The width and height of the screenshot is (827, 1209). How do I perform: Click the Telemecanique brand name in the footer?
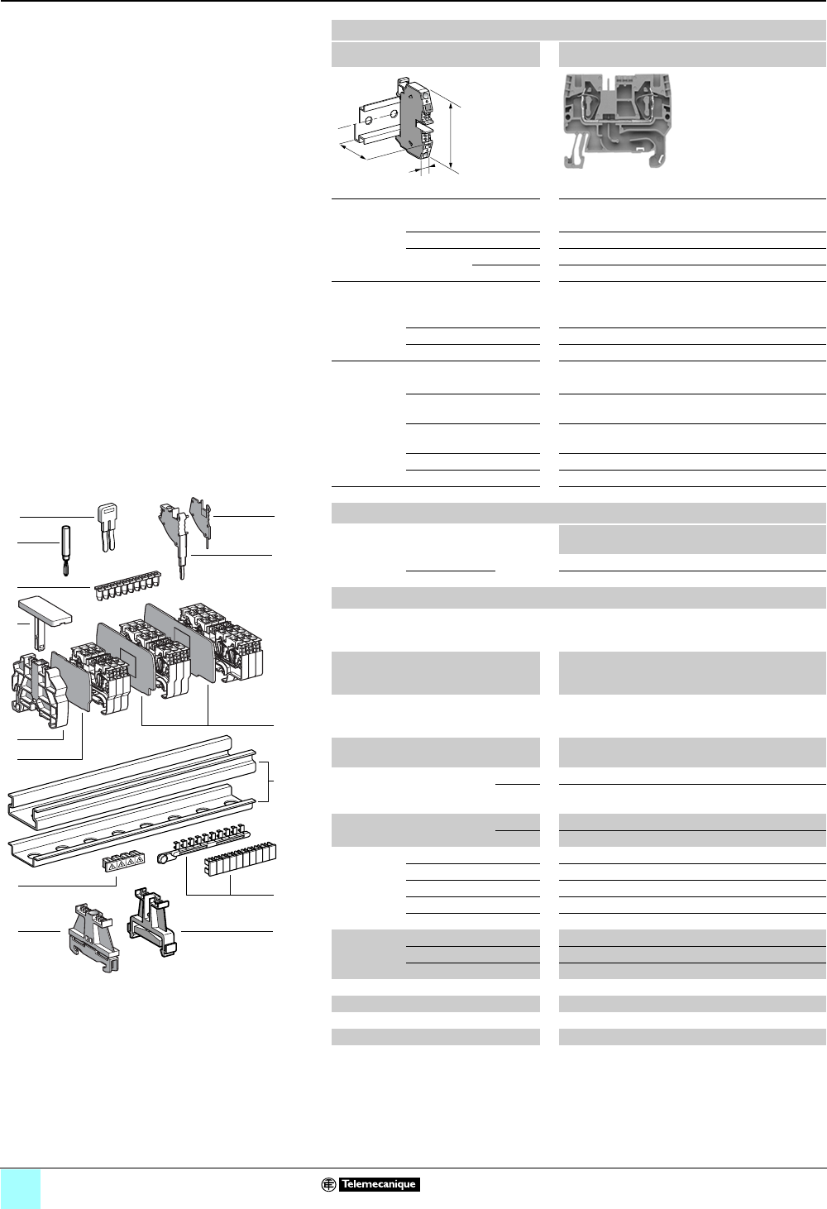pos(379,1184)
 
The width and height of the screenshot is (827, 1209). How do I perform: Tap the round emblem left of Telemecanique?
pos(329,1184)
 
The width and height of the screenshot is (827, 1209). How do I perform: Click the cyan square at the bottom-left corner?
pos(21,1189)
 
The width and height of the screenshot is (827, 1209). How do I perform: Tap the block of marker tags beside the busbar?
pos(240,859)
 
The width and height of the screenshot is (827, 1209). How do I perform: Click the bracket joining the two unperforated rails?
pos(266,780)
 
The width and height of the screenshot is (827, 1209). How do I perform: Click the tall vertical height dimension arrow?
pos(452,136)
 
